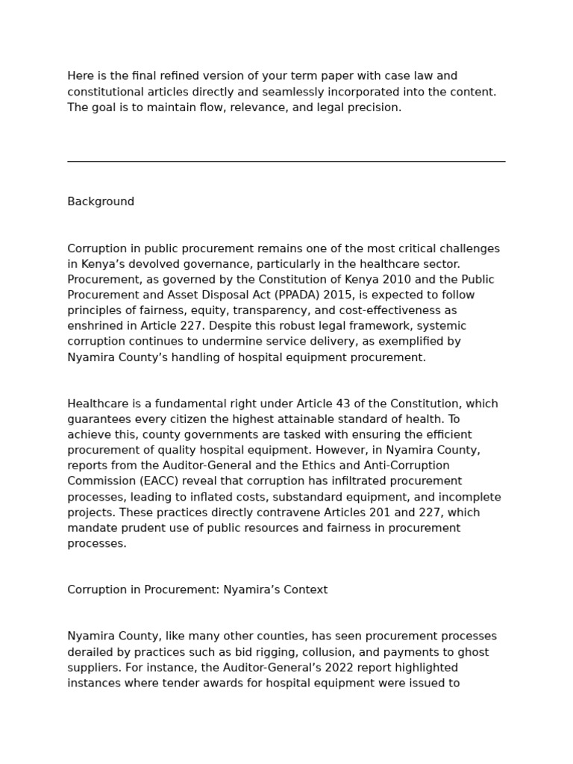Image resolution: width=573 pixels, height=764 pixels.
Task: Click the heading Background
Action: tap(101, 201)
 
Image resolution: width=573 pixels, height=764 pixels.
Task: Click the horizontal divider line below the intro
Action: tap(286, 161)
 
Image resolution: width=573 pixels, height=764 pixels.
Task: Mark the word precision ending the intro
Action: tap(376, 107)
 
